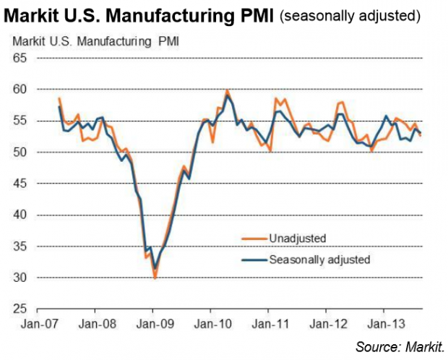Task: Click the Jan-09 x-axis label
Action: click(x=153, y=326)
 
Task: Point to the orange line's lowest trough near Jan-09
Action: click(x=154, y=278)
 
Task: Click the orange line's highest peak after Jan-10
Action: click(x=227, y=90)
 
